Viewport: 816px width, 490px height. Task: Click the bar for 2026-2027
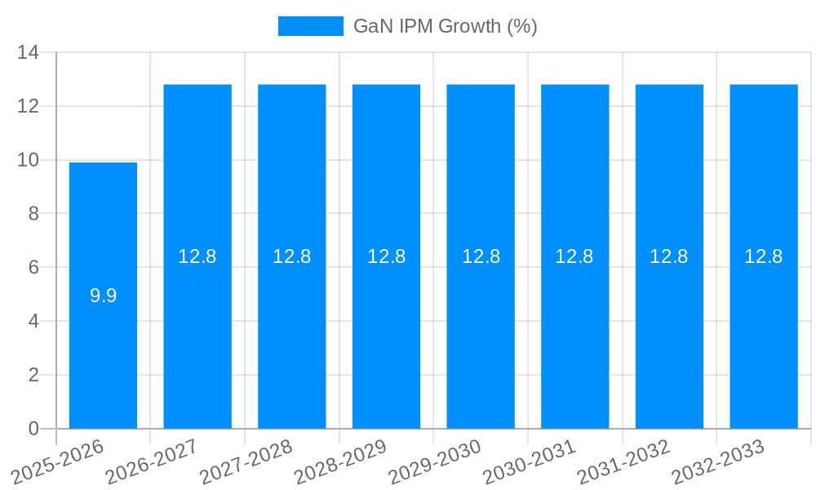point(197,327)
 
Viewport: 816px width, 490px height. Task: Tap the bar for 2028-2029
point(386,327)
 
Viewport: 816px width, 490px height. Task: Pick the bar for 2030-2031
point(574,327)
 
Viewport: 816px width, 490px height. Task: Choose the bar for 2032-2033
point(764,327)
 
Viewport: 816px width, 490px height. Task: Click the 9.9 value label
point(103,296)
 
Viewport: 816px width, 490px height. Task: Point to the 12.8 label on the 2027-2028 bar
point(292,256)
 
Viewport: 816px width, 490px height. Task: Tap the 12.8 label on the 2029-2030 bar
point(481,256)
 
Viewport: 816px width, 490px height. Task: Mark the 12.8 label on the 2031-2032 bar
point(669,256)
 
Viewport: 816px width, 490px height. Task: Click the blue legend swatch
point(311,26)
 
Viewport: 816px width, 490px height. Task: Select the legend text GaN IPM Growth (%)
point(445,26)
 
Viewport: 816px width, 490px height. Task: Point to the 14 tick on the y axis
point(29,52)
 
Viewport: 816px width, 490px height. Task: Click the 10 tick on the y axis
point(29,160)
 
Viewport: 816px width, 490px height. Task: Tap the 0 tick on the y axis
point(33,429)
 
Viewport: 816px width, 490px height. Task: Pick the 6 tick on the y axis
point(33,268)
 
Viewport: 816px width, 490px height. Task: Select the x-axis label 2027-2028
point(246,461)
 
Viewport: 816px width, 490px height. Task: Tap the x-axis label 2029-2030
point(435,461)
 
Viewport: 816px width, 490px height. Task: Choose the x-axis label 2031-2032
point(624,461)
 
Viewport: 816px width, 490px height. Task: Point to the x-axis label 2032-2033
point(718,461)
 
